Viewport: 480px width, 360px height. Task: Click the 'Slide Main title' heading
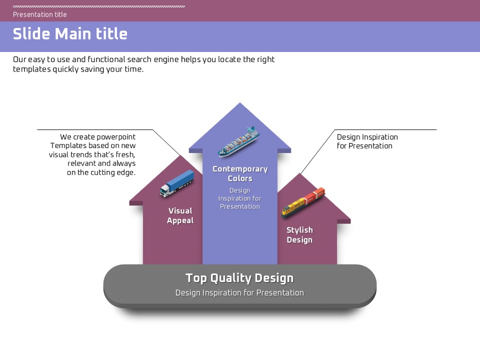pos(70,34)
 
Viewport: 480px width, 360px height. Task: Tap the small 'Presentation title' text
pos(40,14)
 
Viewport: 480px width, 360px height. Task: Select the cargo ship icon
pos(238,142)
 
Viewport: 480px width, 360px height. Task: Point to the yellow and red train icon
pos(303,202)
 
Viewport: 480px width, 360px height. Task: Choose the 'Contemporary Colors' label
pos(240,173)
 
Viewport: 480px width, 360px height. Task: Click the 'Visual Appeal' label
pos(180,215)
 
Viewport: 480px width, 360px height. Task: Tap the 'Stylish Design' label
pos(299,235)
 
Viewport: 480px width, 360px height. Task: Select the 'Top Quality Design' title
pos(239,278)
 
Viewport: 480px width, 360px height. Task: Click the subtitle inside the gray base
pos(239,293)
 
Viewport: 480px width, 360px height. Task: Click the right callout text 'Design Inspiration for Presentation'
pos(367,141)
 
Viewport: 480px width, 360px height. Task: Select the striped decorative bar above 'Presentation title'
pos(99,6)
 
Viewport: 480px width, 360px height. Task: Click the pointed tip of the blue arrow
pos(240,104)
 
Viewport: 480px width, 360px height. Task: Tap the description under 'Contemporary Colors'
pos(240,198)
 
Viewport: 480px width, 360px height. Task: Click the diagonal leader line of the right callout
pos(317,152)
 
